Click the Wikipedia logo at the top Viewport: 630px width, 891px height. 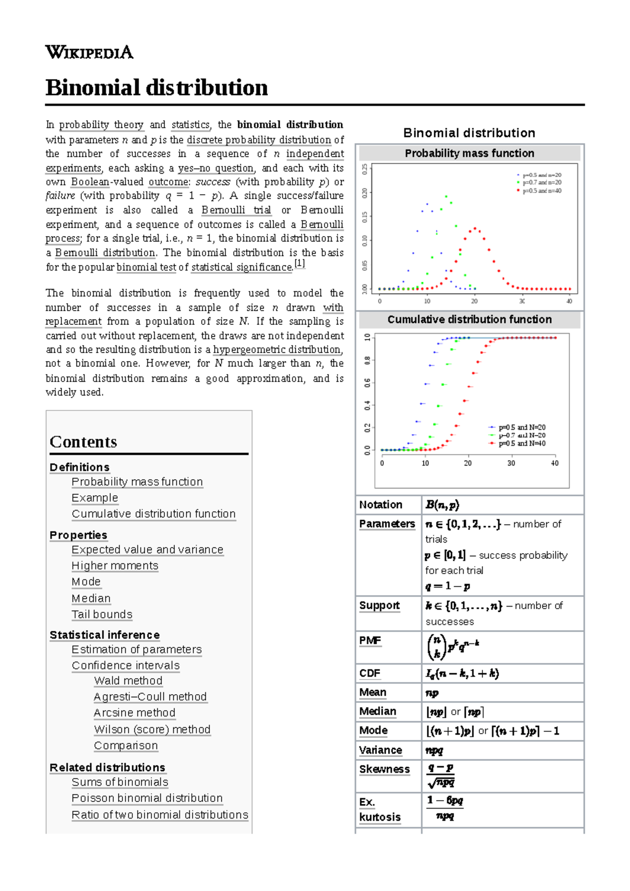click(x=89, y=52)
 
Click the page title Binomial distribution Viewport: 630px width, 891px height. click(x=156, y=87)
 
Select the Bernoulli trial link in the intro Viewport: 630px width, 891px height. click(x=236, y=210)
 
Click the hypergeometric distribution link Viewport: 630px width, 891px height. click(x=277, y=349)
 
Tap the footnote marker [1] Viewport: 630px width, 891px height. click(x=299, y=264)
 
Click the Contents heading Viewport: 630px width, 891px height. click(x=83, y=442)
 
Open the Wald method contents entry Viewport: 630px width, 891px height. click(x=128, y=681)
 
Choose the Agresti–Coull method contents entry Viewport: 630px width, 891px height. click(x=150, y=697)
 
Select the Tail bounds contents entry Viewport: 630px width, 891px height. click(x=102, y=614)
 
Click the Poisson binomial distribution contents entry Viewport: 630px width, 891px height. click(x=147, y=798)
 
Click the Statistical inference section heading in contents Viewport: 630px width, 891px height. click(x=104, y=635)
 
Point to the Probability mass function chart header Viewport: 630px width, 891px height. click(x=469, y=153)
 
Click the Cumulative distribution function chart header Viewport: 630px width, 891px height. click(x=469, y=320)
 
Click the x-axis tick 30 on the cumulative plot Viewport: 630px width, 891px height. click(x=511, y=463)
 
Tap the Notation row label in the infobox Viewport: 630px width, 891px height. click(x=381, y=505)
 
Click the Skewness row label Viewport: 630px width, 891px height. click(x=384, y=769)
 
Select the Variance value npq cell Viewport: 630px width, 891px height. click(x=434, y=750)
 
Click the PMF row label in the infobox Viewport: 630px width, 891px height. click(x=370, y=641)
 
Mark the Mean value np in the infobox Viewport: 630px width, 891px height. click(x=432, y=693)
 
